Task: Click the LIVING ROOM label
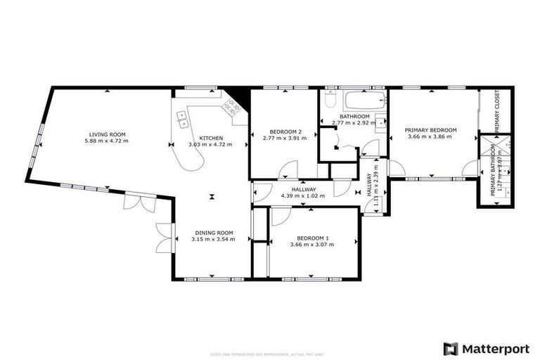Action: tap(107, 134)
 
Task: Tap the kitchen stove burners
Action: tap(230, 106)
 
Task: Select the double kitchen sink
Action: tap(183, 119)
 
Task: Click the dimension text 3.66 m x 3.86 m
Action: tap(430, 136)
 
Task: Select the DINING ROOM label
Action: tap(212, 233)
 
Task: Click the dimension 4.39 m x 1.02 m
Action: tap(302, 195)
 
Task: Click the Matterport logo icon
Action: tap(450, 348)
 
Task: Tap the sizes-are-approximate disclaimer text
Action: tap(269, 353)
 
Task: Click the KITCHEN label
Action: tap(211, 138)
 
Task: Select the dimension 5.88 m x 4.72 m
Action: tap(107, 141)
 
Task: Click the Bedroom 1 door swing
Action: tap(277, 216)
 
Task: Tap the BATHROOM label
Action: tap(354, 117)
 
